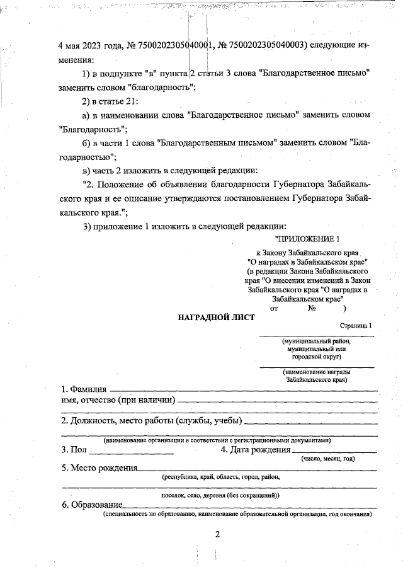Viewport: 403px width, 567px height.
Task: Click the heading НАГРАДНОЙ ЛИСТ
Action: pos(217,318)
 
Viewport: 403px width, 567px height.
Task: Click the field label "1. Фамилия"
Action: pos(84,389)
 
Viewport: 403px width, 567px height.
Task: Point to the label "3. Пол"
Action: pos(74,450)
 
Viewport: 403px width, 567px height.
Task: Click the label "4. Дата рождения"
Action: pos(256,450)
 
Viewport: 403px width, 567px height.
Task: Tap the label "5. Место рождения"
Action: pos(99,468)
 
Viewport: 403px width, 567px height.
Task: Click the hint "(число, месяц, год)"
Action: pos(328,459)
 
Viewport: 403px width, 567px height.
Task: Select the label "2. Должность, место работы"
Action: pos(151,421)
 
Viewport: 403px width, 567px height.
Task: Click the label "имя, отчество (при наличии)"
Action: pos(118,400)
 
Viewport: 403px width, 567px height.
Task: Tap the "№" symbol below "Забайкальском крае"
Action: pos(312,309)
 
